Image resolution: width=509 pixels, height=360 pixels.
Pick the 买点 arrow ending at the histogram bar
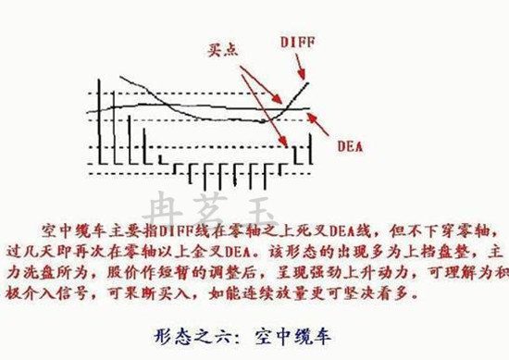pos(263,102)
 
